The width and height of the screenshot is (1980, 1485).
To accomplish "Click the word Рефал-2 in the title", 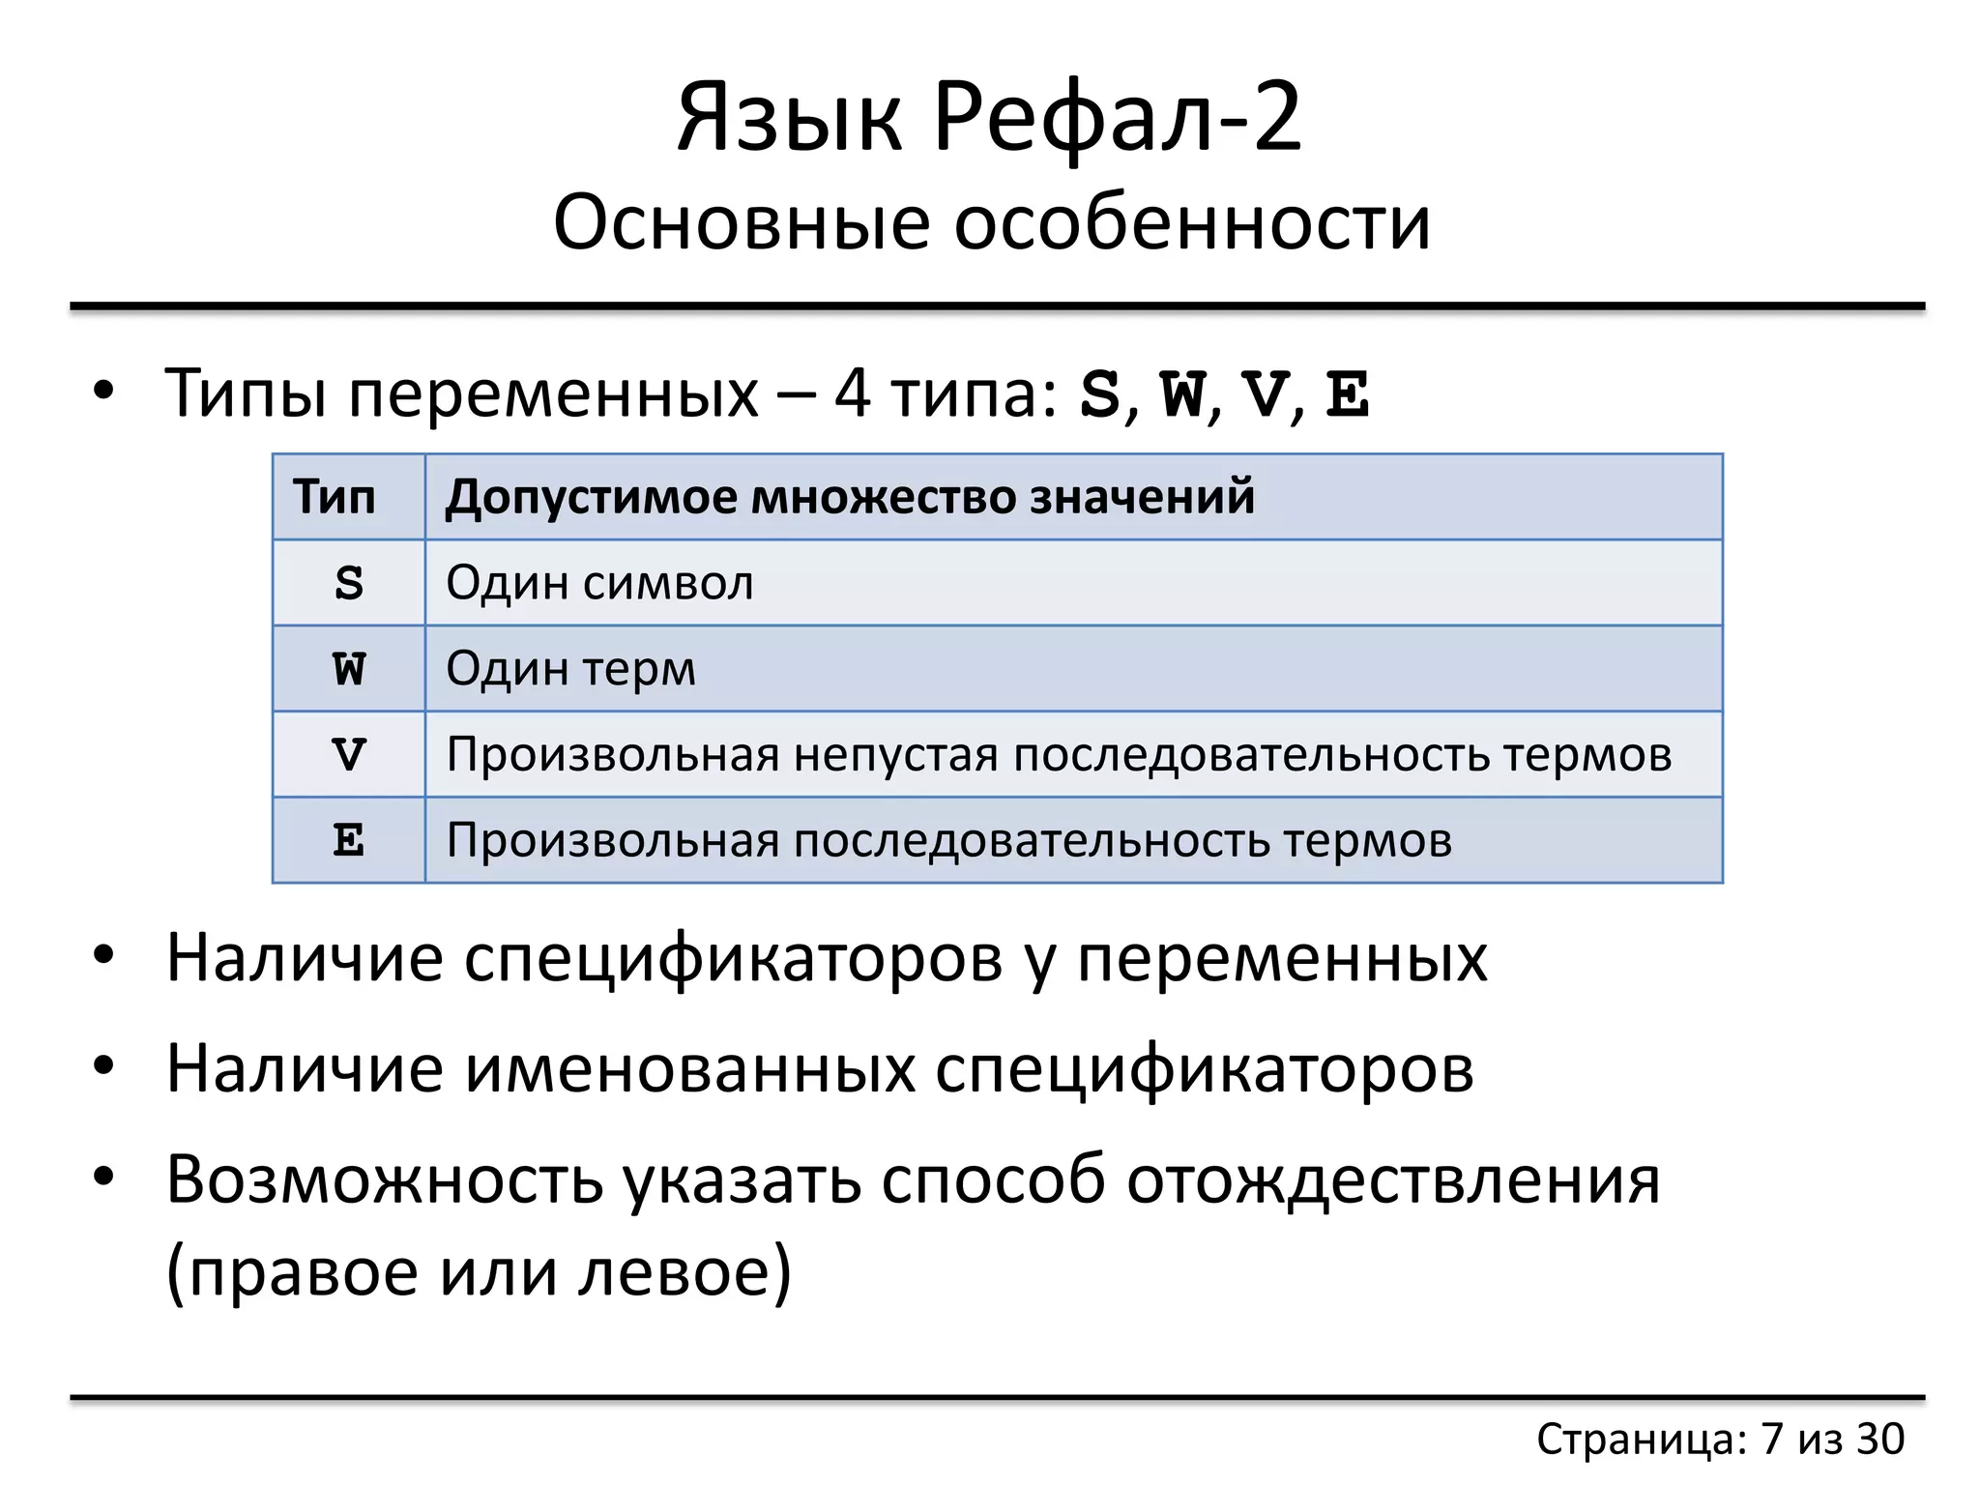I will tap(1118, 118).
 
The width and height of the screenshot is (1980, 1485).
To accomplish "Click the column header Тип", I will tap(334, 497).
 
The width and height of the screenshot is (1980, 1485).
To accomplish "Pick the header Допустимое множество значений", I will tap(850, 497).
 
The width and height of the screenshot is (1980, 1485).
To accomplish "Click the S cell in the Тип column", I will tap(349, 583).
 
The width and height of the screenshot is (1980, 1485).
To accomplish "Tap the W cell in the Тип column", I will tap(349, 669).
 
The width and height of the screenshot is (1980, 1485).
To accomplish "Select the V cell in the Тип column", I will tap(349, 754).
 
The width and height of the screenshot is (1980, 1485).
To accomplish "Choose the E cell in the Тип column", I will tap(349, 840).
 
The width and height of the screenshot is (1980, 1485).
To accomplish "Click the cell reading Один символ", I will tap(599, 583).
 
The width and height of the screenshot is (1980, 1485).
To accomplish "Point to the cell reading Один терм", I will tap(570, 669).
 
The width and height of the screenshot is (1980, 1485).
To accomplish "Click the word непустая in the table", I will tap(895, 754).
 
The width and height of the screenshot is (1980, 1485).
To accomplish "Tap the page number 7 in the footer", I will tap(1771, 1439).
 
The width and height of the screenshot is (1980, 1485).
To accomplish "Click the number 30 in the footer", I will tap(1879, 1439).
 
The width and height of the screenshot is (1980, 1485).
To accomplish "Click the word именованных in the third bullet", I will tap(689, 1068).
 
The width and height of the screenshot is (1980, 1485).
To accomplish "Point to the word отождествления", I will tap(1393, 1180).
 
